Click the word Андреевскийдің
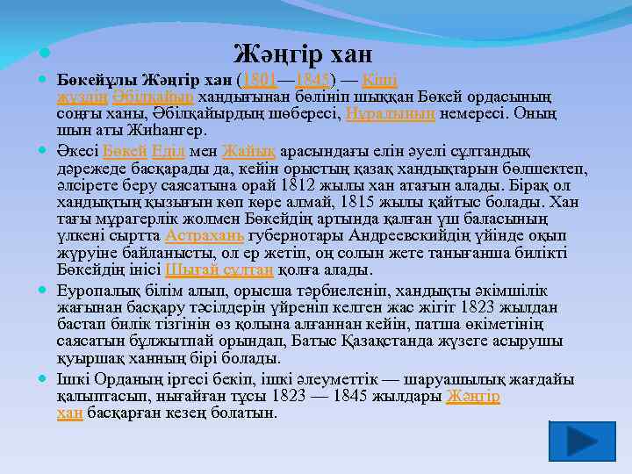tap(407, 236)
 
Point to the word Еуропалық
tap(97, 291)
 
